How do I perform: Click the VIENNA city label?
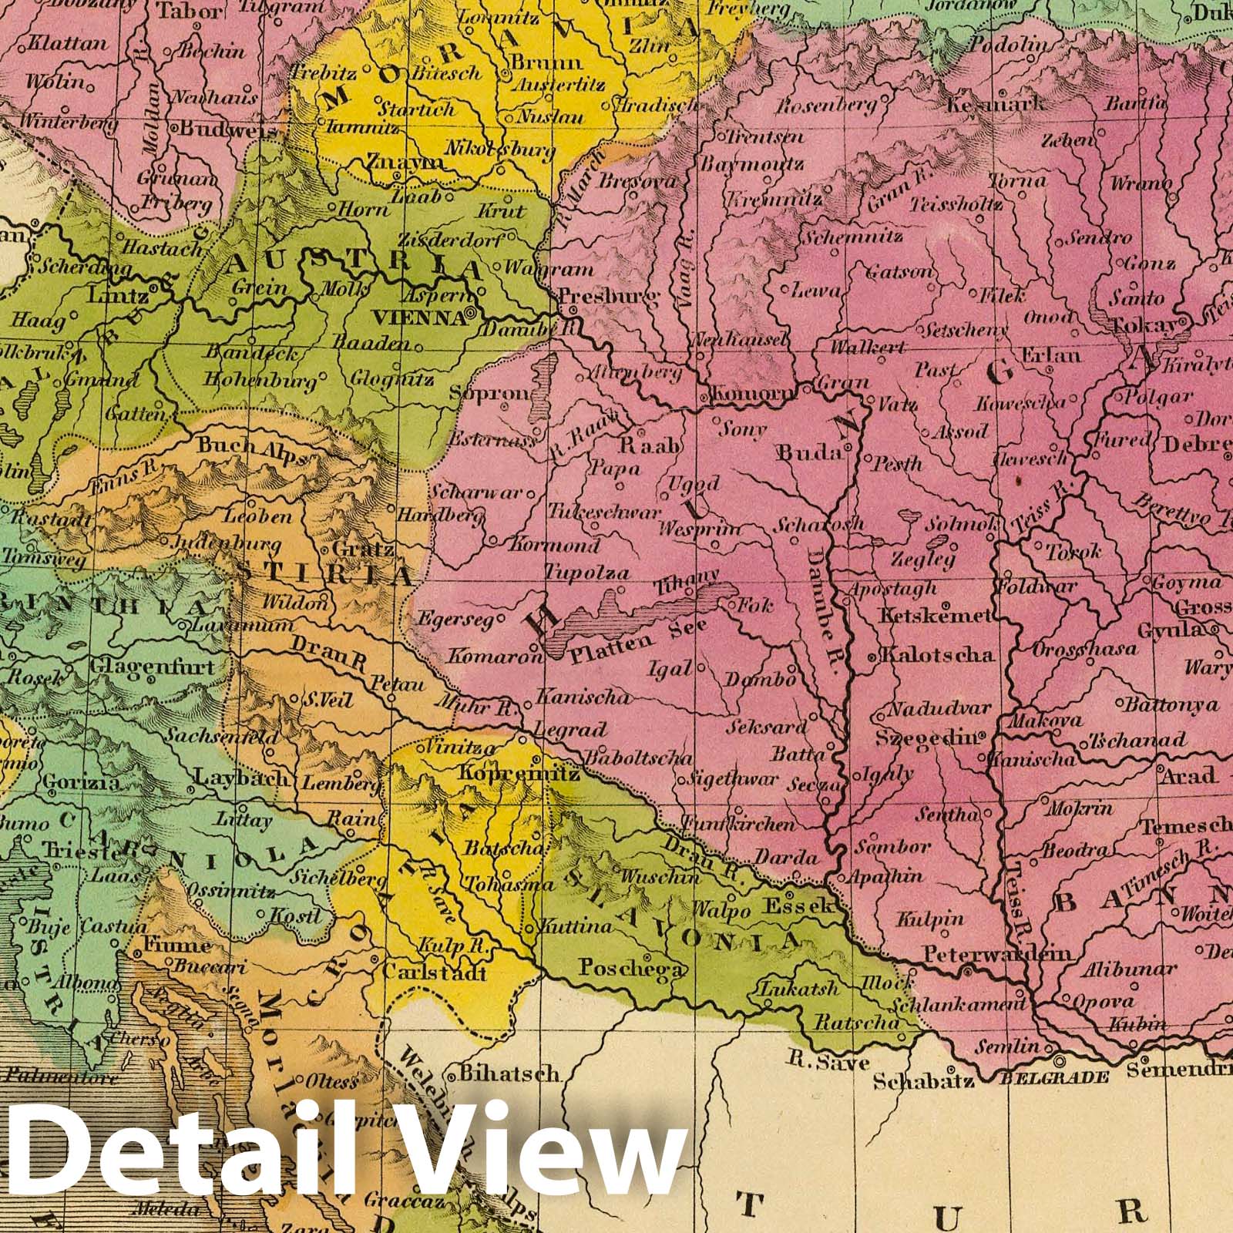click(418, 316)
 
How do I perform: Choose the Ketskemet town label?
click(934, 616)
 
